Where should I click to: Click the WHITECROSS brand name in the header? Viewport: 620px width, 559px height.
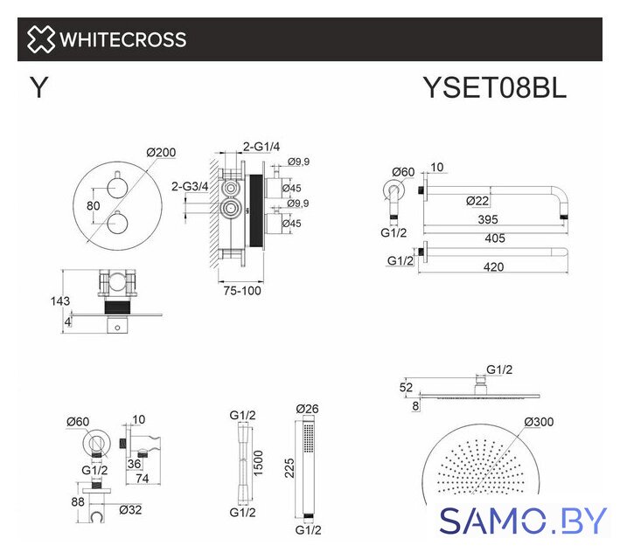[123, 39]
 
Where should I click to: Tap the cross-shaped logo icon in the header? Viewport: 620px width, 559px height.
[41, 39]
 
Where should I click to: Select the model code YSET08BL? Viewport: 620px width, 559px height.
[495, 87]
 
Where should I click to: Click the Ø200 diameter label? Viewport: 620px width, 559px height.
[161, 152]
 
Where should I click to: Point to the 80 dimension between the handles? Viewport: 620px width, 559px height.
[94, 205]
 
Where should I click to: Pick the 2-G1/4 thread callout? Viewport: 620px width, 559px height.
[261, 147]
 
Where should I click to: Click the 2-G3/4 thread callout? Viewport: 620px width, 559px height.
[190, 186]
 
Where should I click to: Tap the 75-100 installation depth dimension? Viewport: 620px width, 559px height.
[242, 291]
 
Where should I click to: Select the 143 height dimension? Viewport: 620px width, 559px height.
[60, 301]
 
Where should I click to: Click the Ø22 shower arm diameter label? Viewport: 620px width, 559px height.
[477, 201]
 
